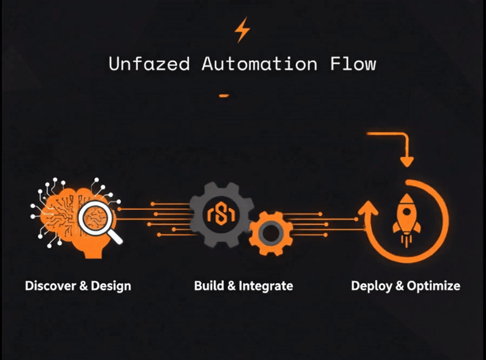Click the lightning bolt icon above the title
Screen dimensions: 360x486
point(242,31)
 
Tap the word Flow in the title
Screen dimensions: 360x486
point(355,64)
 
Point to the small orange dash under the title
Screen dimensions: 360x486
point(224,95)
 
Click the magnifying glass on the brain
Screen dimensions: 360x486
point(97,217)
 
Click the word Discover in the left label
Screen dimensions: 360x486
point(50,286)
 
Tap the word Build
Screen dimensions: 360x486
point(207,286)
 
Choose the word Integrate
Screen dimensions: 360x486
point(267,286)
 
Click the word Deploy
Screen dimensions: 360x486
point(371,286)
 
